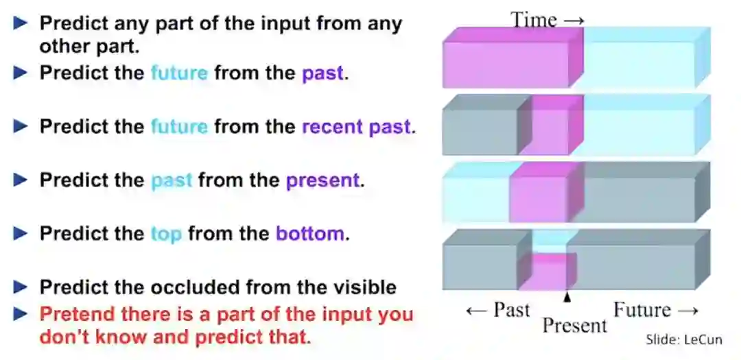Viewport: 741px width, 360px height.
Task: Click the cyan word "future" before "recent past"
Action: tap(179, 127)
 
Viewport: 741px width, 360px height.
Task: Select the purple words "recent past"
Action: tap(356, 127)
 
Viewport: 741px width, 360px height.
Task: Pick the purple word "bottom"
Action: tap(309, 234)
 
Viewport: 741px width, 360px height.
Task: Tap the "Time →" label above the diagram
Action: tap(548, 20)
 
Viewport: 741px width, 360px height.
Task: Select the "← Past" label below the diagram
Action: tap(497, 310)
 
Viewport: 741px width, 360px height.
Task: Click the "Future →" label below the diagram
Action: tap(656, 310)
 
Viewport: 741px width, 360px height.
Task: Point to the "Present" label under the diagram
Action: tap(575, 325)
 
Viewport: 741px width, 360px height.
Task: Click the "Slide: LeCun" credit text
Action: tap(684, 339)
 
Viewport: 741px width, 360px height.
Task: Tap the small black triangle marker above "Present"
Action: tap(568, 296)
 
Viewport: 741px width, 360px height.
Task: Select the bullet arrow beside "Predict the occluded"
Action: tap(21, 287)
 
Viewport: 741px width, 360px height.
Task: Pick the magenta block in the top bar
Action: tap(513, 58)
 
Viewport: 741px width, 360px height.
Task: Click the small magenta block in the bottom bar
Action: tap(548, 271)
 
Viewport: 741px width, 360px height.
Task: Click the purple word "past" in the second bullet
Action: tap(322, 73)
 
